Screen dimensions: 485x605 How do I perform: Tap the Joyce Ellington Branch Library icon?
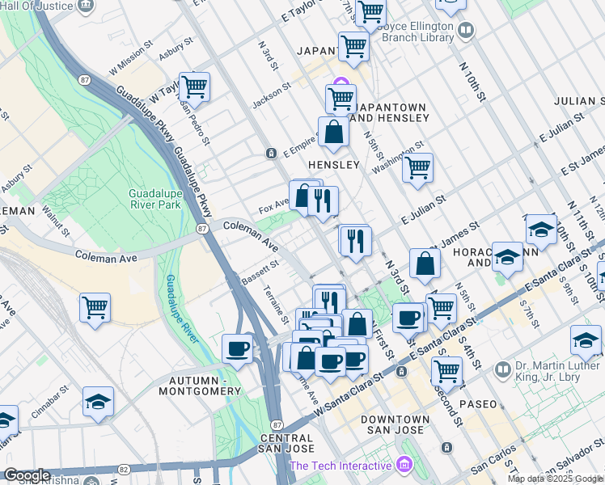(x=465, y=31)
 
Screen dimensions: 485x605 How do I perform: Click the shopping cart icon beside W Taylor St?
(x=194, y=86)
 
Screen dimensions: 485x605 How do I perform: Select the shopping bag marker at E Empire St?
(x=333, y=131)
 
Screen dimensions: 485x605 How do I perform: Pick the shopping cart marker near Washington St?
(x=417, y=167)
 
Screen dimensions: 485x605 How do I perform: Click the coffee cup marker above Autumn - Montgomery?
(x=237, y=348)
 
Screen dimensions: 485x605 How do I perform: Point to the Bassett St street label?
(x=260, y=272)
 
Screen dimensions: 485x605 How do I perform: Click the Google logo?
(x=27, y=475)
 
